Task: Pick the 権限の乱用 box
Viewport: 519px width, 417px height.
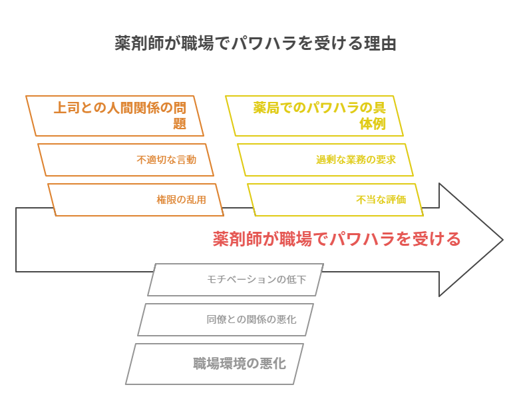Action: coord(136,200)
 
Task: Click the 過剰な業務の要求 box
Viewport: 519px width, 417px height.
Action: coord(325,160)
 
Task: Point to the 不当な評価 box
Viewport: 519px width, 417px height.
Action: coord(335,200)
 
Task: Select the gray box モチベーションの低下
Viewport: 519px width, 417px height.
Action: coord(235,280)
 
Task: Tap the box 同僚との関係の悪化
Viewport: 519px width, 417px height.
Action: coord(225,320)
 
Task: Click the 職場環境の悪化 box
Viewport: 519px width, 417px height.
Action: coord(214,364)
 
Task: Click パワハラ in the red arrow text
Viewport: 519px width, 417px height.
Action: coord(353,239)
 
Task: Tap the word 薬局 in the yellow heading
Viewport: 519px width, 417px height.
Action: coord(266,108)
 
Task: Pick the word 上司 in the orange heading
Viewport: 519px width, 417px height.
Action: coord(67,108)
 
